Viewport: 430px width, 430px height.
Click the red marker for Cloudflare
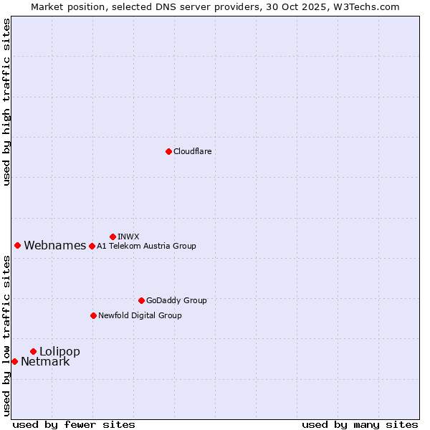[168, 151]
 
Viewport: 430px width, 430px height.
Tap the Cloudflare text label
[192, 151]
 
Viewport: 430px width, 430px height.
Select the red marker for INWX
[113, 236]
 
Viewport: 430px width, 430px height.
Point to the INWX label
[128, 236]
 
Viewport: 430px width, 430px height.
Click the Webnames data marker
[17, 245]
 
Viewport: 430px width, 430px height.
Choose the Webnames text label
[54, 246]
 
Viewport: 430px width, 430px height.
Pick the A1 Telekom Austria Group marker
[92, 246]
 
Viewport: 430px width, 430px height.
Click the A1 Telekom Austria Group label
[146, 246]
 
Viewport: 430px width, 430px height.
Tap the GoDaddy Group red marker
[141, 300]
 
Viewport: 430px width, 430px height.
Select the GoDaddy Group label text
[176, 300]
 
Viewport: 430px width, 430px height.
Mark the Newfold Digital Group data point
[93, 315]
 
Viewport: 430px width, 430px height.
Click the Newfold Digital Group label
[140, 315]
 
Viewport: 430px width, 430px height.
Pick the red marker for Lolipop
[33, 351]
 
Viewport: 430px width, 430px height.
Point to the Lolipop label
[59, 351]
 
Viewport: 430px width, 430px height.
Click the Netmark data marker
[14, 361]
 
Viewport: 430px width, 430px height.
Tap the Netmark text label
[45, 361]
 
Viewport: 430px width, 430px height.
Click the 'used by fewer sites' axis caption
[74, 424]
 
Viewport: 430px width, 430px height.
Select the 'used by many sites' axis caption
[360, 424]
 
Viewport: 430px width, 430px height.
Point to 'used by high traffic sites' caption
[7, 102]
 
